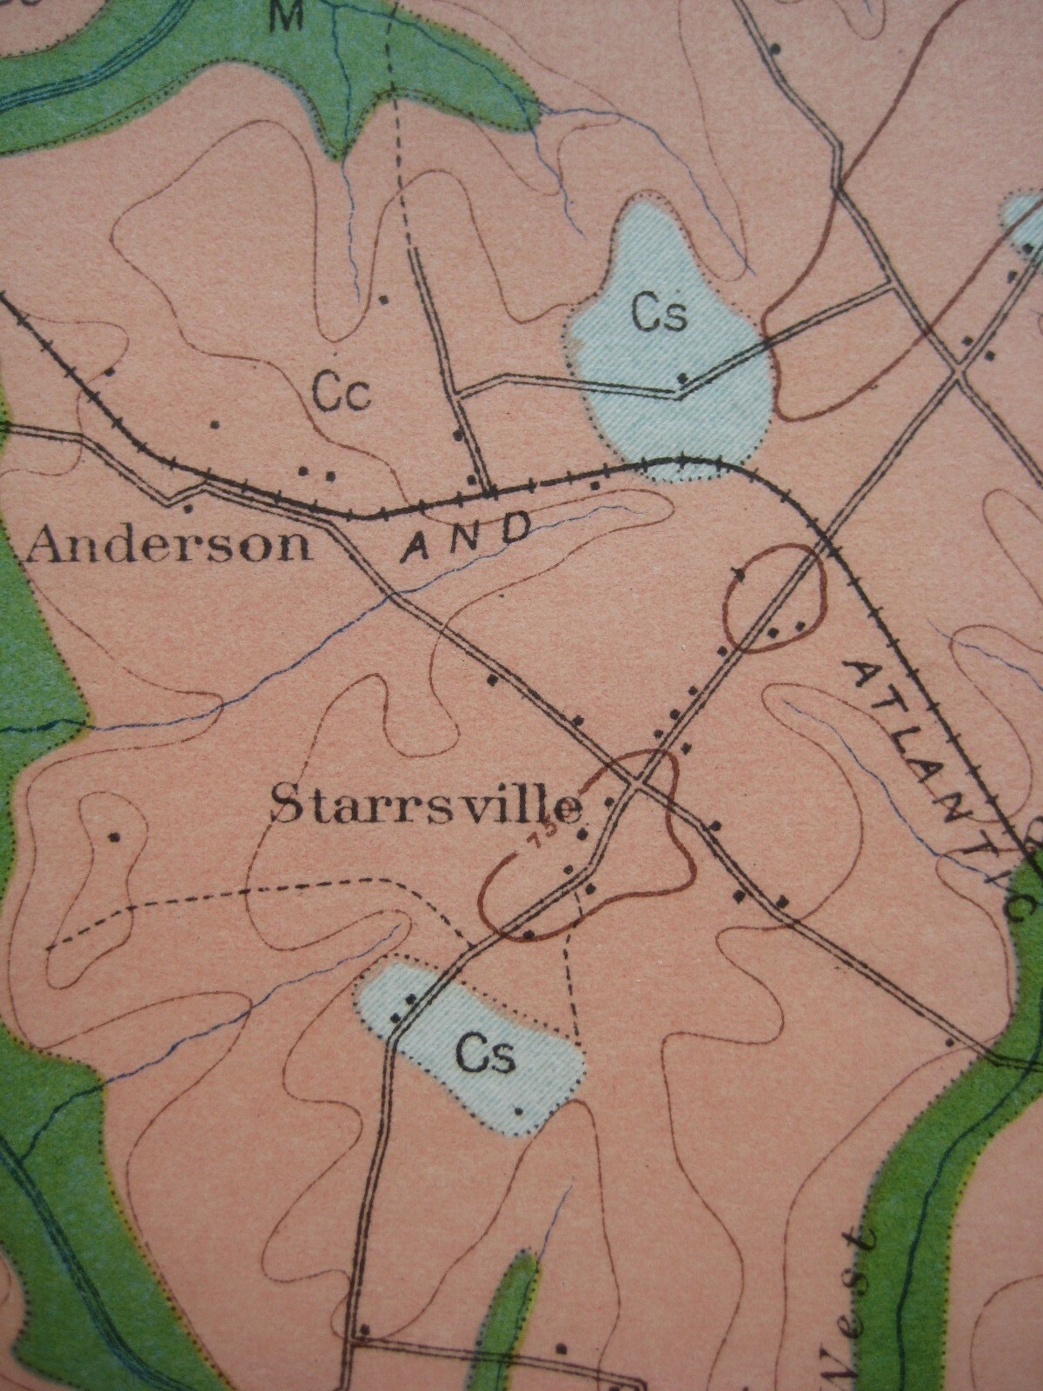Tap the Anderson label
[169, 545]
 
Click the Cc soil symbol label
[342, 393]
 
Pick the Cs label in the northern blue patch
[660, 315]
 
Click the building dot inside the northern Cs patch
[683, 377]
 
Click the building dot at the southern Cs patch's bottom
[519, 1110]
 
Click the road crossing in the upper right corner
[956, 372]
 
